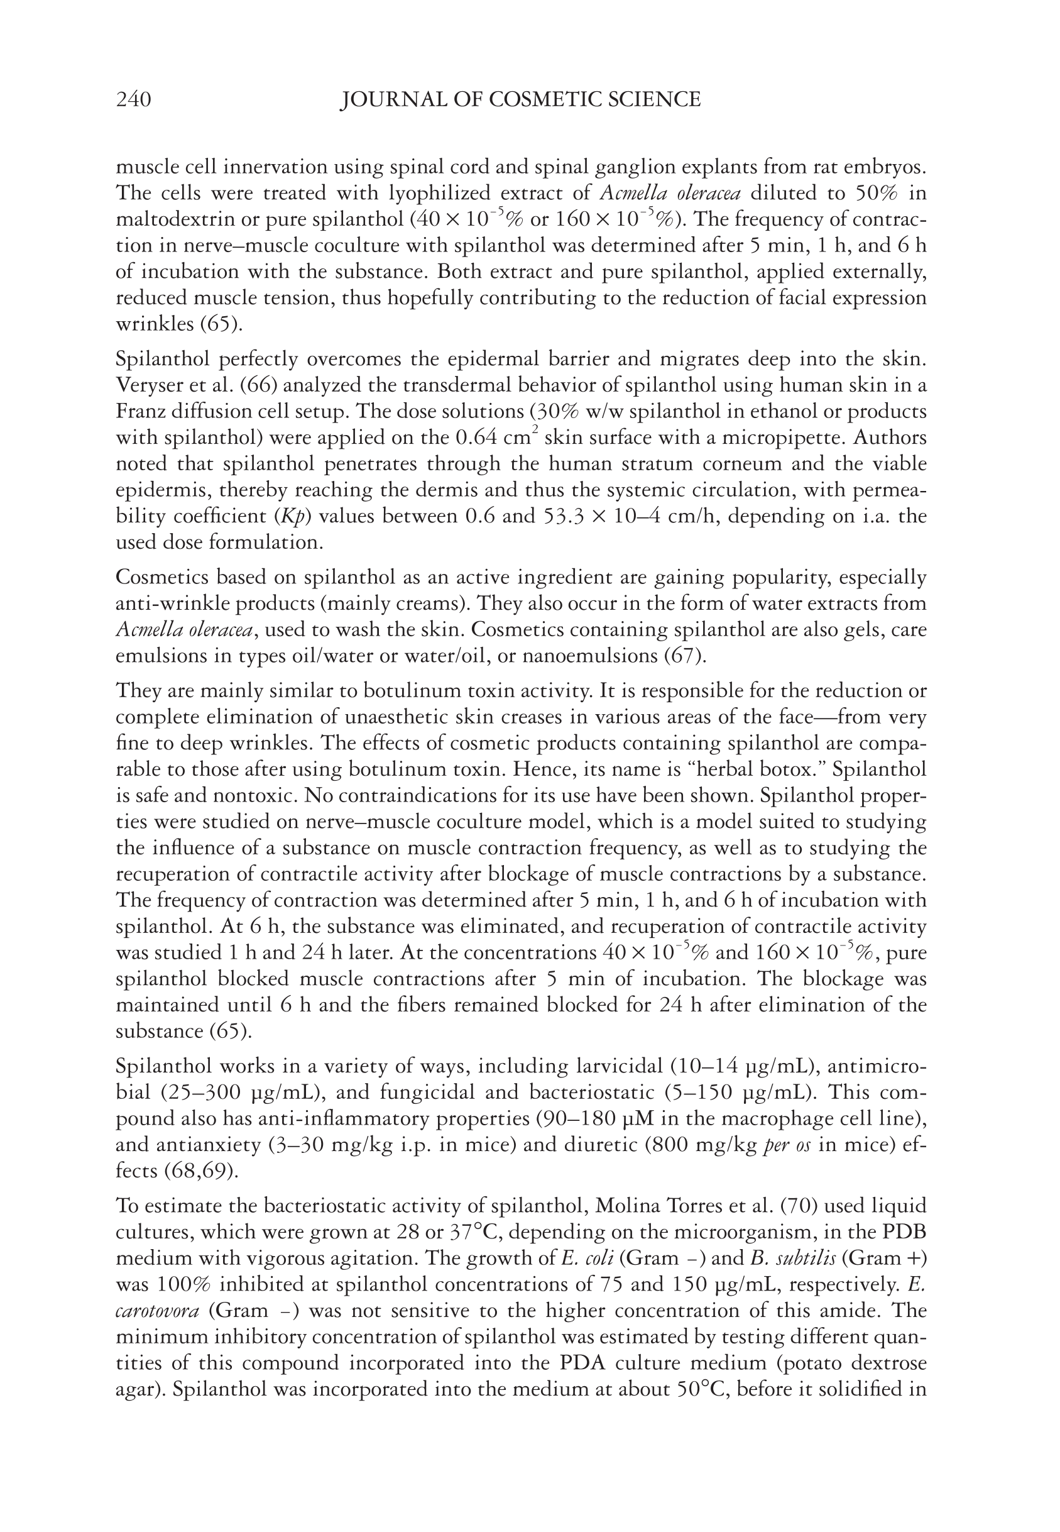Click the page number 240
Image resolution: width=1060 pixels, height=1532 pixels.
(x=133, y=100)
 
